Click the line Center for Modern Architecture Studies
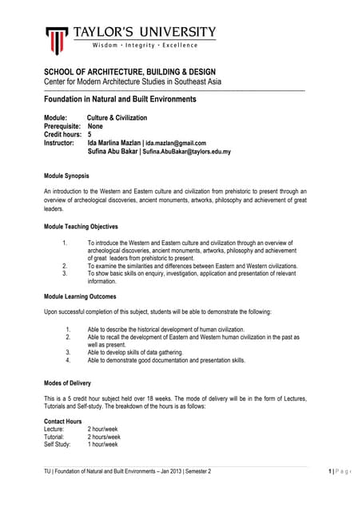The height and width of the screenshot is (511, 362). tap(132, 82)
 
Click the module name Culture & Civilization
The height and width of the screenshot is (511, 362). tap(117, 117)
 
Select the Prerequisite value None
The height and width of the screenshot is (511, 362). tap(95, 126)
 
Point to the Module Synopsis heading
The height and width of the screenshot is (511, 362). tap(66, 175)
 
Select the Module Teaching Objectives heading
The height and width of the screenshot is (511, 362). tap(81, 226)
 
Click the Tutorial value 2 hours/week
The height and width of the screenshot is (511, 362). tap(104, 437)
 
